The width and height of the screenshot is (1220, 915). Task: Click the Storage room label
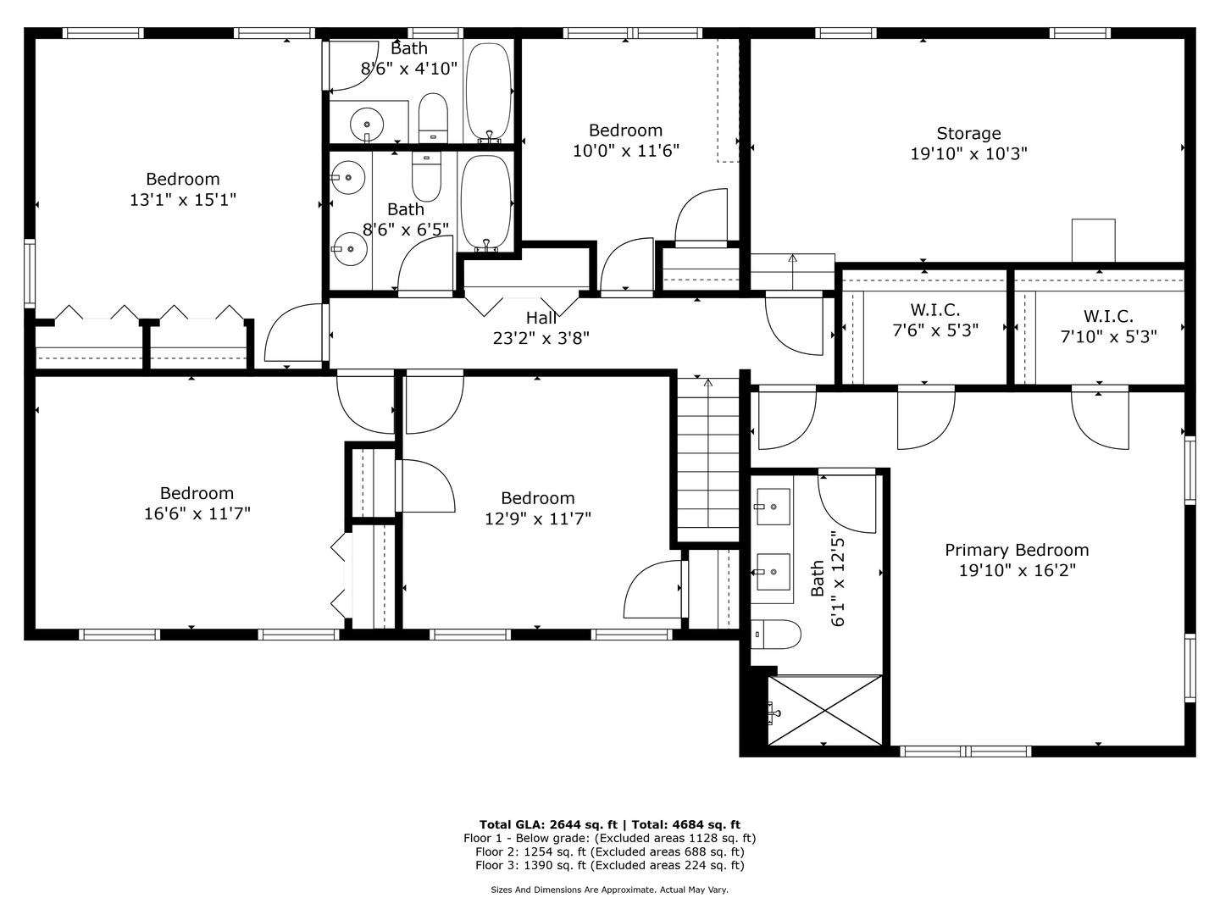[x=968, y=133]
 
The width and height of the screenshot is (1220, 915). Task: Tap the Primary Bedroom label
[x=1017, y=550]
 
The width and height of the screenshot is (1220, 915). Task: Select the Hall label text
[x=541, y=318]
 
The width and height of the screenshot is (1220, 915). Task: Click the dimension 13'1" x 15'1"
[x=183, y=199]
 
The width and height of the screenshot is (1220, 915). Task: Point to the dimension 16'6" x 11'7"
[x=197, y=513]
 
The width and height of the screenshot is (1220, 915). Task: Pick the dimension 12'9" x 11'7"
[x=537, y=518]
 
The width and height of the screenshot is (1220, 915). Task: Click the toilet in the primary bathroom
[x=776, y=635]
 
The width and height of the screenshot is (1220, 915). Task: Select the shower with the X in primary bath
[x=825, y=710]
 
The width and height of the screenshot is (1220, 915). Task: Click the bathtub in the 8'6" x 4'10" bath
[x=488, y=91]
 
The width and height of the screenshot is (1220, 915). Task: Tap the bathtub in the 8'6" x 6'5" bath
[x=485, y=202]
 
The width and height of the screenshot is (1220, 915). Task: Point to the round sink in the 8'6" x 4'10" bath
[x=367, y=125]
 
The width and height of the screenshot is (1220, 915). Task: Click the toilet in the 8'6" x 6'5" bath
[x=426, y=177]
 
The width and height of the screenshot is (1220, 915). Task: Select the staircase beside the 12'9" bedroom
[x=708, y=460]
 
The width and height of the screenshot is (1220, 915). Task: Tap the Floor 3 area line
[x=610, y=865]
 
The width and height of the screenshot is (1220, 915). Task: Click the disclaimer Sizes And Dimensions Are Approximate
[x=574, y=890]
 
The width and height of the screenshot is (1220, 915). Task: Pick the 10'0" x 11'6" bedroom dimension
[x=626, y=151]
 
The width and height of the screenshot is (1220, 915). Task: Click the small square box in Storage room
[x=1093, y=240]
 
